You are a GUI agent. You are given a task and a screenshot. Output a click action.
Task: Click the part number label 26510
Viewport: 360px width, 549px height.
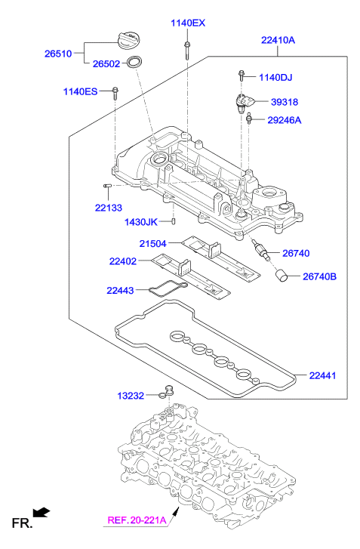pyautogui.click(x=58, y=54)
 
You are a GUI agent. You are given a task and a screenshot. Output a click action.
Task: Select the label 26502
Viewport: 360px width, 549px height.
pyautogui.click(x=107, y=64)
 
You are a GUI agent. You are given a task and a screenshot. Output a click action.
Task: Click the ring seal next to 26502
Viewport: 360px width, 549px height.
pyautogui.click(x=135, y=63)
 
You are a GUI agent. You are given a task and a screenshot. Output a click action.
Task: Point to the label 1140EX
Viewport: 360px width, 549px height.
pyautogui.click(x=186, y=23)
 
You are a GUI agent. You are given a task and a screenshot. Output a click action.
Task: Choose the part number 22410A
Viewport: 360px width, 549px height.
pyautogui.click(x=278, y=40)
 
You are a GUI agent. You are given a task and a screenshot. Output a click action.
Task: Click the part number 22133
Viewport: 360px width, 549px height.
pyautogui.click(x=110, y=207)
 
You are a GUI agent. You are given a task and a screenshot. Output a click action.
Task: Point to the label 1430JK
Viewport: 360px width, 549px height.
pyautogui.click(x=141, y=222)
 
